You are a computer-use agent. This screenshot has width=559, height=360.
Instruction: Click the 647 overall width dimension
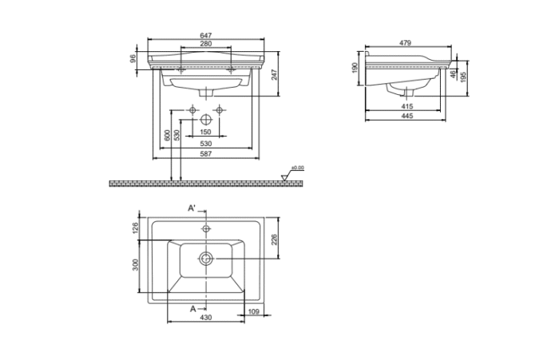pos(207,35)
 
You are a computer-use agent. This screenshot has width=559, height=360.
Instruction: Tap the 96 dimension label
pos(133,58)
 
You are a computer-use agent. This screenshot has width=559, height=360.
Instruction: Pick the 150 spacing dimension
pos(204,132)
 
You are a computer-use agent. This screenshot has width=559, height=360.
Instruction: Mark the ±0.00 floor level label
pos(297,168)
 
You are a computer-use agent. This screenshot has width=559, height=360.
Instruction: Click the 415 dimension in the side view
pos(406,105)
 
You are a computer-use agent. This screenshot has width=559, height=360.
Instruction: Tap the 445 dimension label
pos(406,117)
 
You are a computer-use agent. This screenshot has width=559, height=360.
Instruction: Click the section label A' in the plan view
pos(192,208)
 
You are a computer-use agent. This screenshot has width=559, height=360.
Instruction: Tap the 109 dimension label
pos(253,311)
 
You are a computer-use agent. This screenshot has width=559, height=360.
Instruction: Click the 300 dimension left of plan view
pos(135,264)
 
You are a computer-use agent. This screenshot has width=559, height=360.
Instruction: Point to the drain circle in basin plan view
pos(206,258)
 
